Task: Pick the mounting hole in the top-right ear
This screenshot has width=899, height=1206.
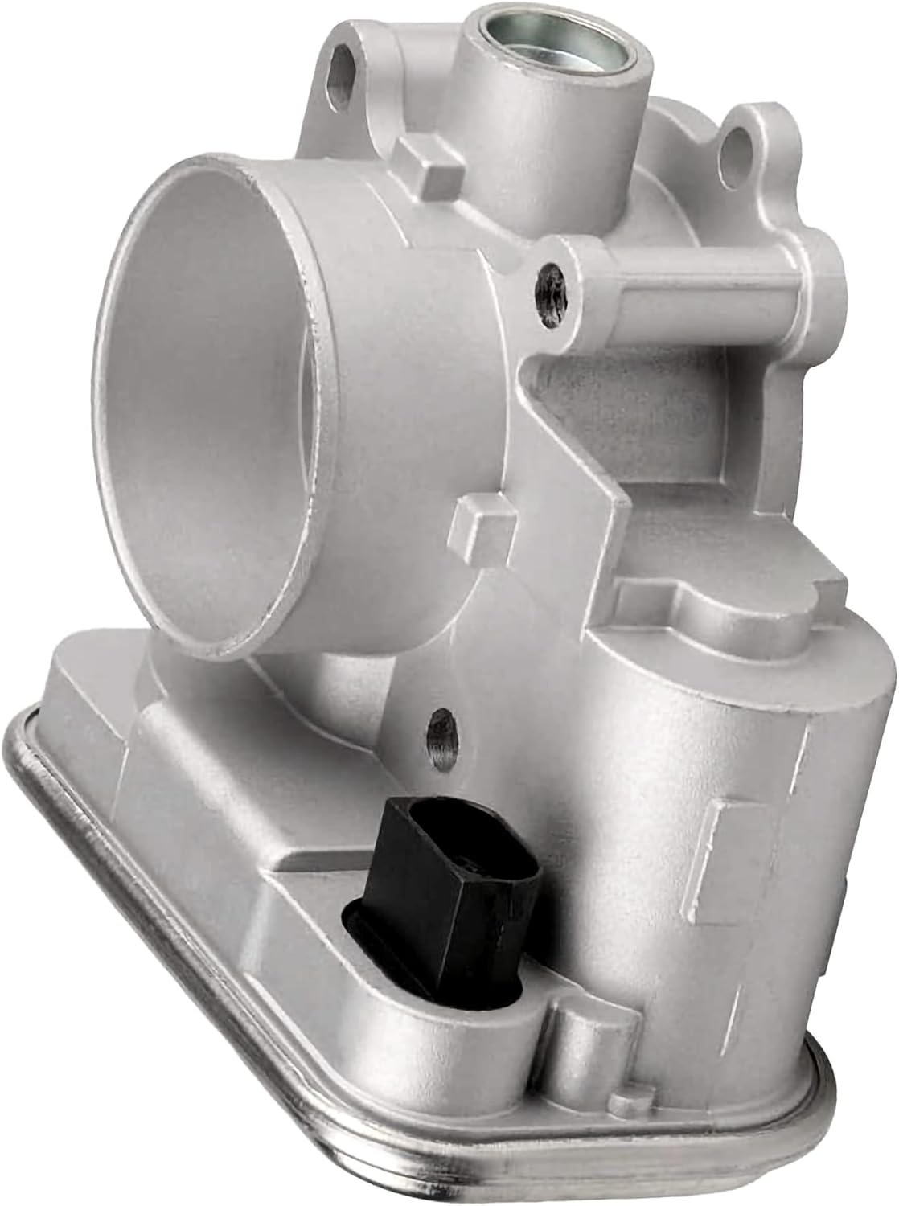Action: point(734,150)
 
